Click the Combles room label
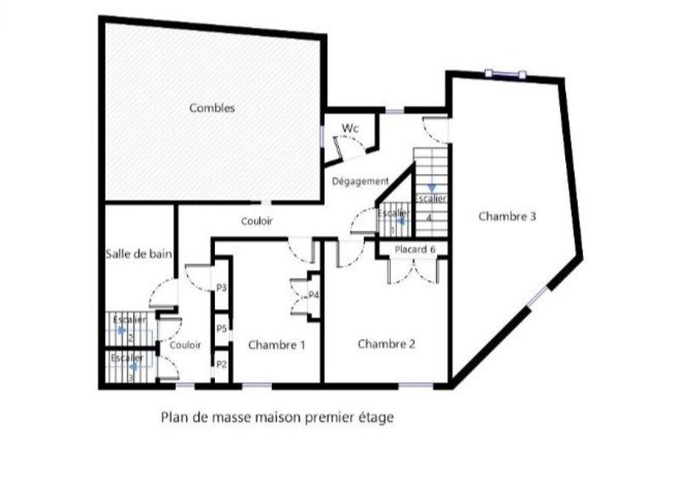[212, 108]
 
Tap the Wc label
[349, 128]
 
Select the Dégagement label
[360, 181]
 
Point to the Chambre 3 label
[507, 217]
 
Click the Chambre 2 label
[386, 344]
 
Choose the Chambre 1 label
[276, 345]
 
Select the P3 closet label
[221, 289]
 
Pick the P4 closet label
[314, 296]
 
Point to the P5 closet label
[221, 328]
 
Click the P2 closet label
[221, 364]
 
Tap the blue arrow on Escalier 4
[432, 188]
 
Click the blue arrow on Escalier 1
[400, 219]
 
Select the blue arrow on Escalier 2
[122, 329]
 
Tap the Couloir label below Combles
[256, 222]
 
